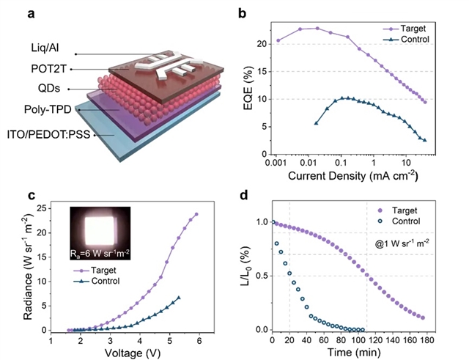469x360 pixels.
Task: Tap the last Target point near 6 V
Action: click(196, 214)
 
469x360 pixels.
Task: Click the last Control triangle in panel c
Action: click(178, 298)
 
